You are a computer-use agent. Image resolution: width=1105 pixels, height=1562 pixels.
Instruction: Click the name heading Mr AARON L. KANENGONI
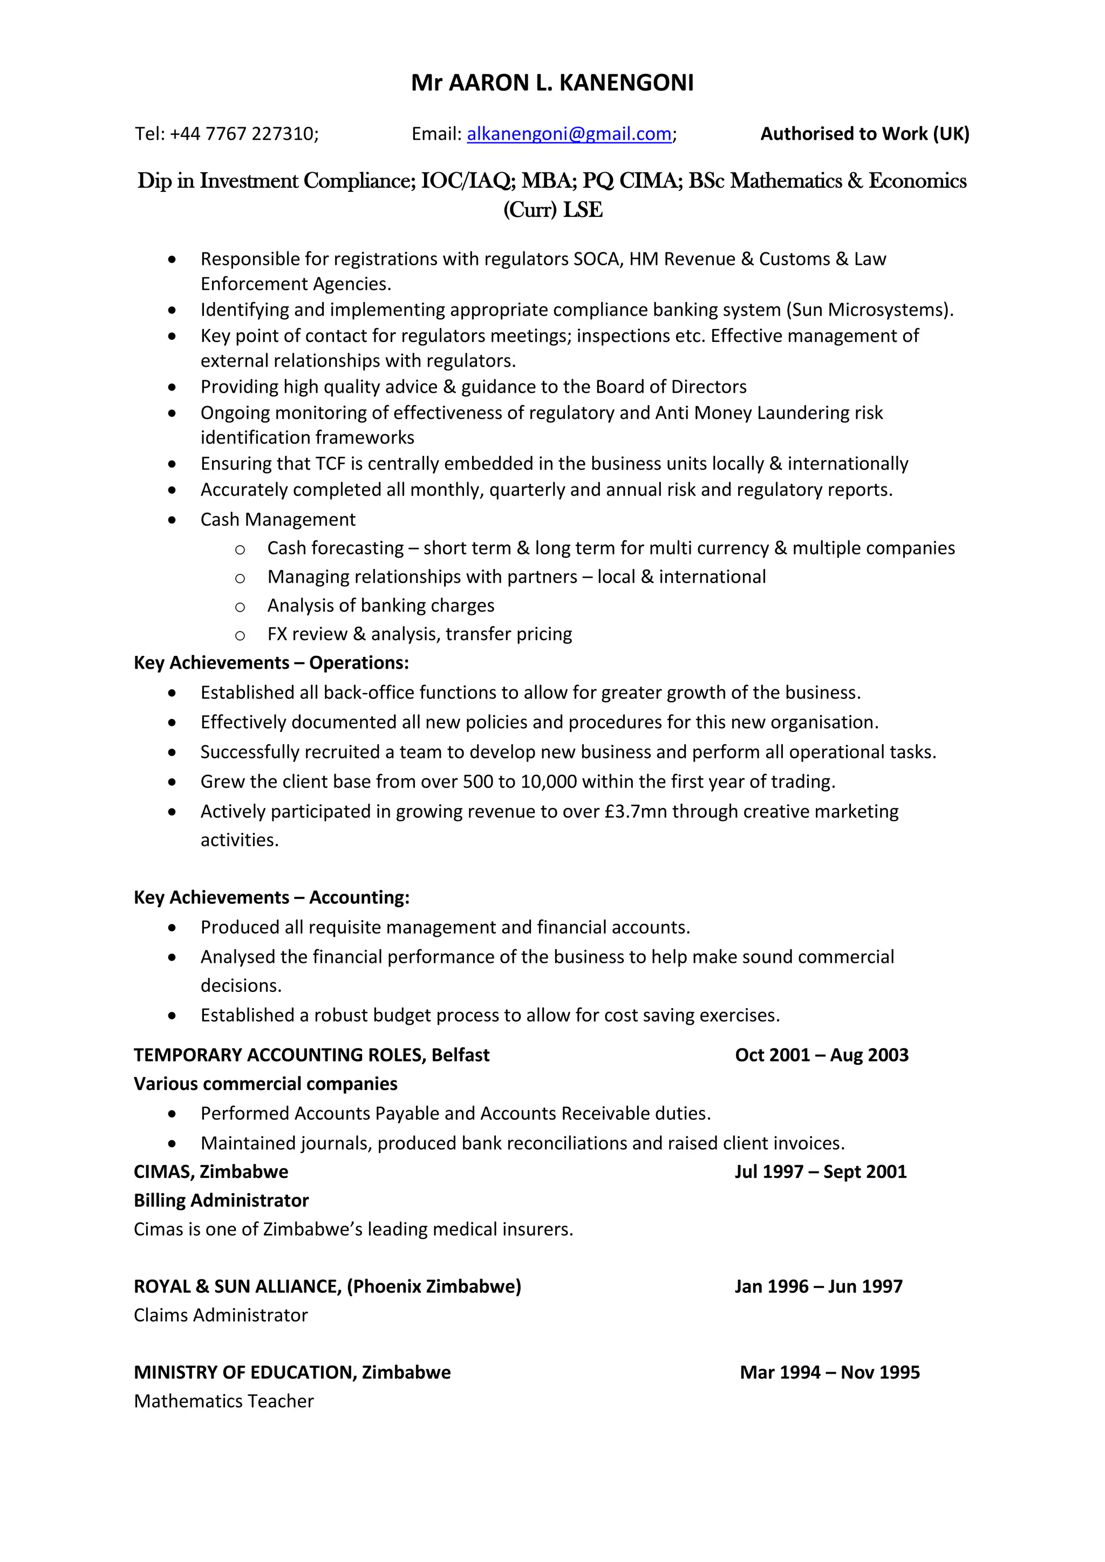(552, 83)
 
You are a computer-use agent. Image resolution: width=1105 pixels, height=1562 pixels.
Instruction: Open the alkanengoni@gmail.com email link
(569, 134)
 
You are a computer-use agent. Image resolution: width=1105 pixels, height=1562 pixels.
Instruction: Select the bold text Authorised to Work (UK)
(864, 134)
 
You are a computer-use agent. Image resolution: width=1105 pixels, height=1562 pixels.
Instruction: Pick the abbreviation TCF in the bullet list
(331, 464)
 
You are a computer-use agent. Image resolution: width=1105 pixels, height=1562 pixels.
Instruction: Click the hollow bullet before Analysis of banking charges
(240, 606)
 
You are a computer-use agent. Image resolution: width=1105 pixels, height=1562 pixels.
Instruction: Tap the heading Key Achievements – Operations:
(271, 663)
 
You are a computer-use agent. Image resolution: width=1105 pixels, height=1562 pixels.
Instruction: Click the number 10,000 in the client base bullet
(548, 782)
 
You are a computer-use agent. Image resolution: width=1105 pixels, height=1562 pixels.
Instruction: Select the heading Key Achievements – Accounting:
(271, 898)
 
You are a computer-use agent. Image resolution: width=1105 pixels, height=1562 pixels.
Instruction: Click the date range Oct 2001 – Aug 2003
(821, 1054)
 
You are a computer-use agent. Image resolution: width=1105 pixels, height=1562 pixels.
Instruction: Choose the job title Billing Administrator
(221, 1200)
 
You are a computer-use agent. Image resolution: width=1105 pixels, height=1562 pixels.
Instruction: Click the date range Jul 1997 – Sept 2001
(820, 1171)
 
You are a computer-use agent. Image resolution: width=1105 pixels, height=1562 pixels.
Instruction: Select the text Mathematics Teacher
(224, 1401)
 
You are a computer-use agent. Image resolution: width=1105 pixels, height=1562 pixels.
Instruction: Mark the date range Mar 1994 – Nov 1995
(829, 1372)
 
